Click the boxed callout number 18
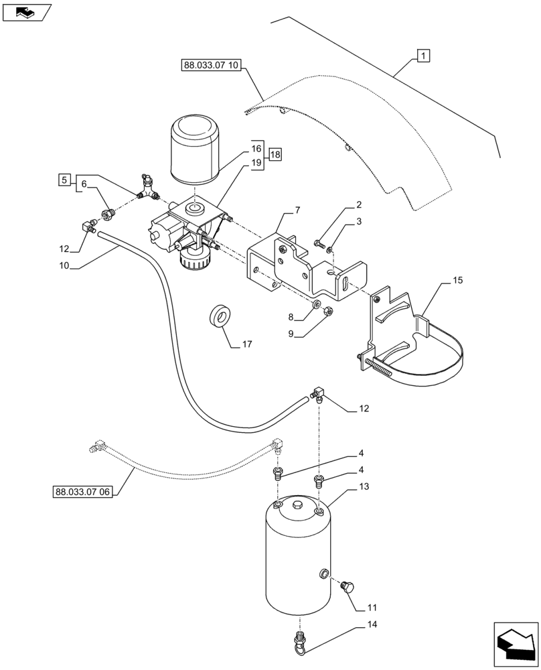tap(276, 155)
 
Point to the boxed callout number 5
tap(64, 180)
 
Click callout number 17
tap(246, 345)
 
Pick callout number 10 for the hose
tap(64, 266)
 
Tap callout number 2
tap(360, 204)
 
